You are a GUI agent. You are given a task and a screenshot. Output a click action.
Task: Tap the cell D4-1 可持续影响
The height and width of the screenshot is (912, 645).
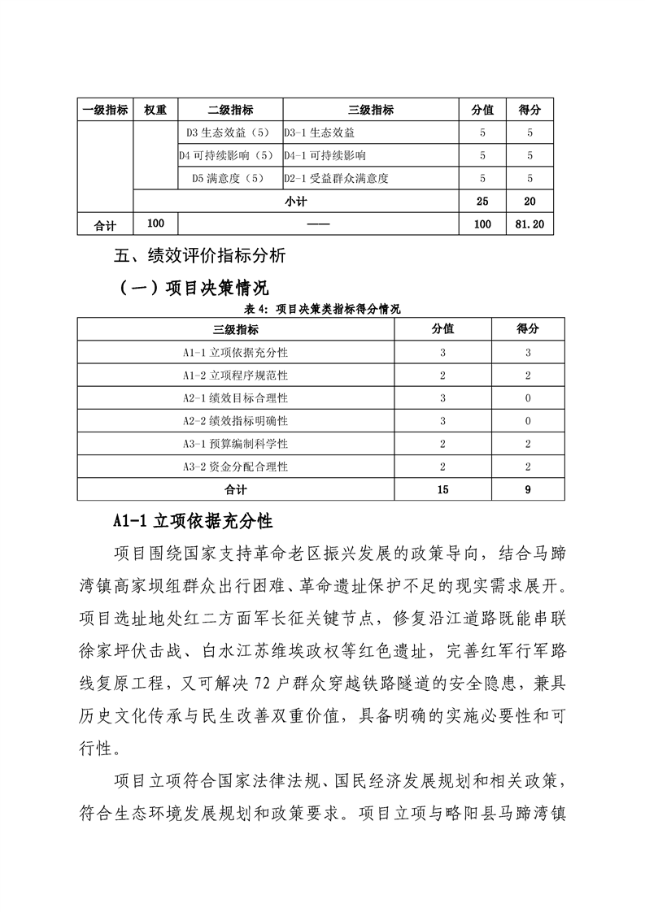click(x=325, y=155)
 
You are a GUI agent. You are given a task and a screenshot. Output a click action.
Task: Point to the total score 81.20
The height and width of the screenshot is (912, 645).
click(x=530, y=224)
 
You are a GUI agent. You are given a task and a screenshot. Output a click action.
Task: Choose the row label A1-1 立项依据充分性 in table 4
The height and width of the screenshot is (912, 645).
click(x=236, y=353)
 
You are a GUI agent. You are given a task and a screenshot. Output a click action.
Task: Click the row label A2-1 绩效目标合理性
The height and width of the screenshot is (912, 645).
click(x=236, y=398)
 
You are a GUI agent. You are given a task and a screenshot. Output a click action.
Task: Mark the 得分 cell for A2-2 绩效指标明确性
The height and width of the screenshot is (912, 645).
click(x=528, y=421)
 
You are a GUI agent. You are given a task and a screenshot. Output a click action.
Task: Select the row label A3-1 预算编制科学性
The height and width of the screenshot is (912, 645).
click(x=236, y=444)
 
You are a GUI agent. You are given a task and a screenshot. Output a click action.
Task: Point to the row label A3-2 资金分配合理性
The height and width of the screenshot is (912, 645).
click(x=236, y=467)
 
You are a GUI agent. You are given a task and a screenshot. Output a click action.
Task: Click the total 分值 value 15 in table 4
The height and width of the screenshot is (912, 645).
click(x=442, y=489)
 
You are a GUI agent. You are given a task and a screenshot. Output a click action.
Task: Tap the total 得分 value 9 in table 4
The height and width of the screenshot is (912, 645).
click(x=528, y=489)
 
